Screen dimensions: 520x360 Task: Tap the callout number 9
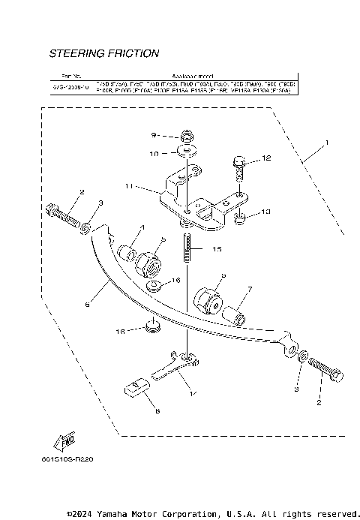pyautogui.click(x=154, y=136)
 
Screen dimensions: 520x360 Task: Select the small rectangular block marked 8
pyautogui.click(x=133, y=387)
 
